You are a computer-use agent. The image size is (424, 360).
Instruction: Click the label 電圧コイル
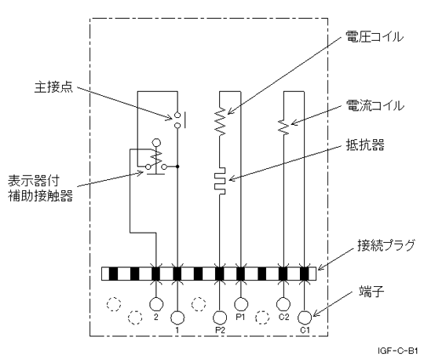[375, 37]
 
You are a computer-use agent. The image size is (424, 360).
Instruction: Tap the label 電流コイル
[375, 105]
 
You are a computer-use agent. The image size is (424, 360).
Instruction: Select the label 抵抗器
[365, 145]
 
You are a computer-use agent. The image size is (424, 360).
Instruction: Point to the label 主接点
[53, 87]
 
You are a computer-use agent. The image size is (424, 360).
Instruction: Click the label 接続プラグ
[386, 245]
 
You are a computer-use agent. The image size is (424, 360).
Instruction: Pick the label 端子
[371, 292]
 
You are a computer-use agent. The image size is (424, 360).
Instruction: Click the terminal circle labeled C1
[305, 317]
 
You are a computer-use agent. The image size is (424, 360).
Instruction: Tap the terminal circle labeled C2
[283, 304]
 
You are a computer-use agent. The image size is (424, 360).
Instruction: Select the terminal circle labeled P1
[240, 304]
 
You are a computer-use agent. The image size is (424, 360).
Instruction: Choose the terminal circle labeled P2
[220, 318]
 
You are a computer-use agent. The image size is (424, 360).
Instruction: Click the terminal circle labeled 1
[177, 318]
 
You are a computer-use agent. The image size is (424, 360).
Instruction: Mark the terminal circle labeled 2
[156, 304]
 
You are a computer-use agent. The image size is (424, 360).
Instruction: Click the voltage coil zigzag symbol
[220, 121]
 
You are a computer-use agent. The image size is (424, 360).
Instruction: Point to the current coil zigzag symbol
[283, 127]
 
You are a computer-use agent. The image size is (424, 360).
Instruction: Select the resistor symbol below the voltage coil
[220, 181]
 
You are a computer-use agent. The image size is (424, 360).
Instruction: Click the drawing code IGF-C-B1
[398, 351]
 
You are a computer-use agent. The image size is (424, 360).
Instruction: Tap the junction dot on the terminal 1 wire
[177, 167]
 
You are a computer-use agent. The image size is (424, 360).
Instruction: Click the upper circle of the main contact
[177, 115]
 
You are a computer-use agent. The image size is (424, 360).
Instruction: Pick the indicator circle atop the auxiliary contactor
[156, 142]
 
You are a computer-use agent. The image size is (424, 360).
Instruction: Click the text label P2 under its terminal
[220, 329]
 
